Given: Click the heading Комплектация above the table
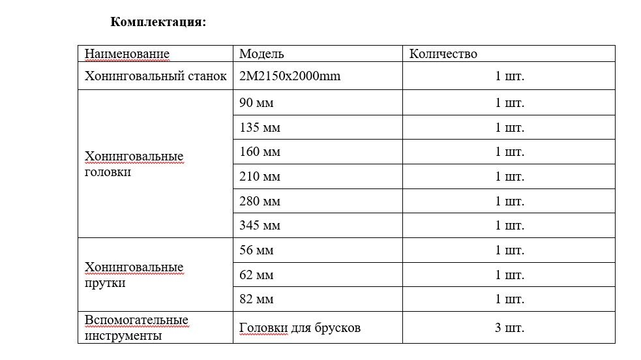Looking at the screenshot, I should (x=158, y=22).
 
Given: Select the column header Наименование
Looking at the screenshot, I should (x=127, y=54).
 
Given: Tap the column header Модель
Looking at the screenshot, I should (x=261, y=54).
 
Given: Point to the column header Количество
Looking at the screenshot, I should (x=443, y=54).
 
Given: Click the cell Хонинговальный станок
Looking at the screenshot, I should (x=156, y=76).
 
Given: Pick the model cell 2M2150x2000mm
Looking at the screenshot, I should (x=290, y=76).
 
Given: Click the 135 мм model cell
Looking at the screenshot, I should (x=260, y=127).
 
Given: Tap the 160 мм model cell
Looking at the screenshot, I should (x=260, y=152).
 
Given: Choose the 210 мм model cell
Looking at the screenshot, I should (x=260, y=177).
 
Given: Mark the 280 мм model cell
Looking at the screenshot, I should (x=260, y=202).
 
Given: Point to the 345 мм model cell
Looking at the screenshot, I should (x=260, y=226).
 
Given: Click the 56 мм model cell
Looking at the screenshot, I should (x=256, y=250).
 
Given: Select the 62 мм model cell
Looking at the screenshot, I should (x=256, y=275).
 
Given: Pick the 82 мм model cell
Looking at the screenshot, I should (x=256, y=299).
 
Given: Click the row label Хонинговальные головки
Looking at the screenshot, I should (x=134, y=164).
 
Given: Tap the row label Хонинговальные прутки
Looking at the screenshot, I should (x=134, y=275).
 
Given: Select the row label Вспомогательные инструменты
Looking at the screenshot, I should (x=136, y=328).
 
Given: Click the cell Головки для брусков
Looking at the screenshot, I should (x=300, y=328).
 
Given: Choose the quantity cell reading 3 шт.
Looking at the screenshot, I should (x=509, y=328).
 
